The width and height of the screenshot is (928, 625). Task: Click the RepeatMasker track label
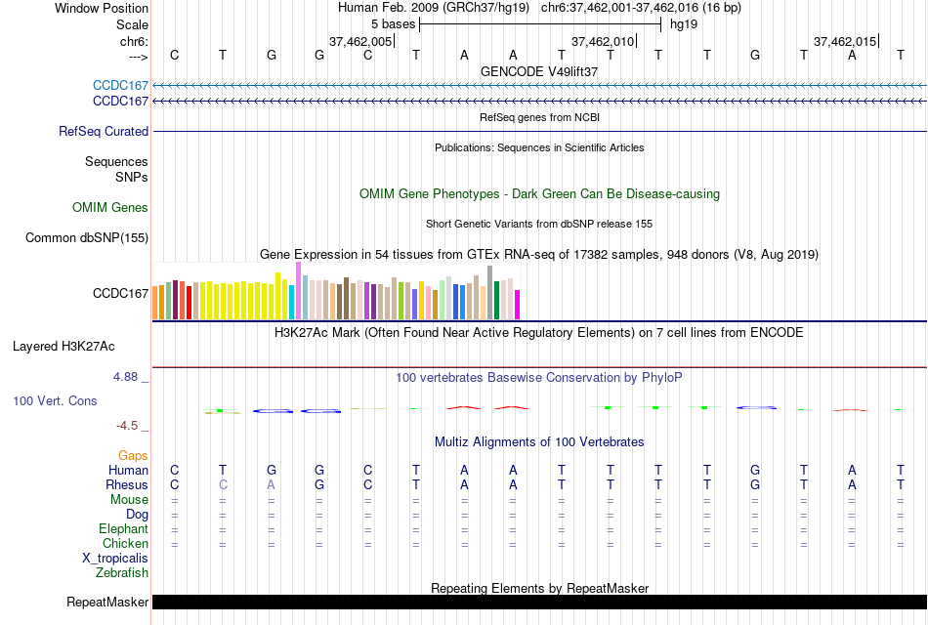[106, 602]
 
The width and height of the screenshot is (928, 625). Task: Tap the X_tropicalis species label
[115, 558]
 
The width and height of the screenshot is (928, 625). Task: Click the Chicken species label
[125, 543]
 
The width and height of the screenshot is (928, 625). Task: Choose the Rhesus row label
[127, 484]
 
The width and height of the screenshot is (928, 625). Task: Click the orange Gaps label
[133, 455]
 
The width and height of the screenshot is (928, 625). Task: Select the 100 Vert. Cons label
[55, 400]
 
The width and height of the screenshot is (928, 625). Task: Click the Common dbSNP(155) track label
[87, 237]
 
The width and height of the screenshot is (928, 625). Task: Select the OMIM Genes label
[110, 207]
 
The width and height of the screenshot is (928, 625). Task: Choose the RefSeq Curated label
[104, 131]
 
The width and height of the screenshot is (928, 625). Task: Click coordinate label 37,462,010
[603, 41]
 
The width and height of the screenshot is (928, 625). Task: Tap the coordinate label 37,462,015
[845, 41]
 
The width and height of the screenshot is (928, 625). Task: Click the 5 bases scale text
[393, 22]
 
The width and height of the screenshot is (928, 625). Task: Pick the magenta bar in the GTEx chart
[518, 305]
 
